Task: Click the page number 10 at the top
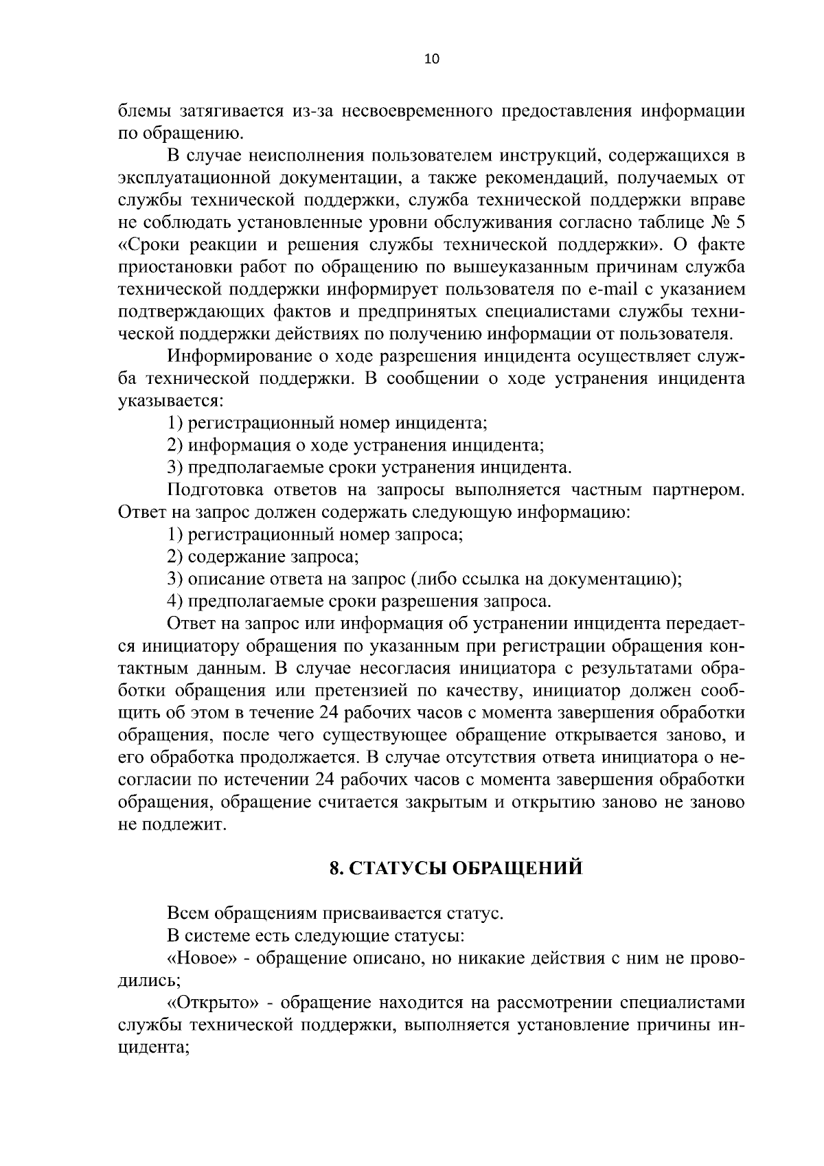coord(432,59)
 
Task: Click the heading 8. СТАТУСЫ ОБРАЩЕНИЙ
coord(456,868)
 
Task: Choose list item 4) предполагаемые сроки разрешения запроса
coord(359,602)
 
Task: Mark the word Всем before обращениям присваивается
coord(188,914)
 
